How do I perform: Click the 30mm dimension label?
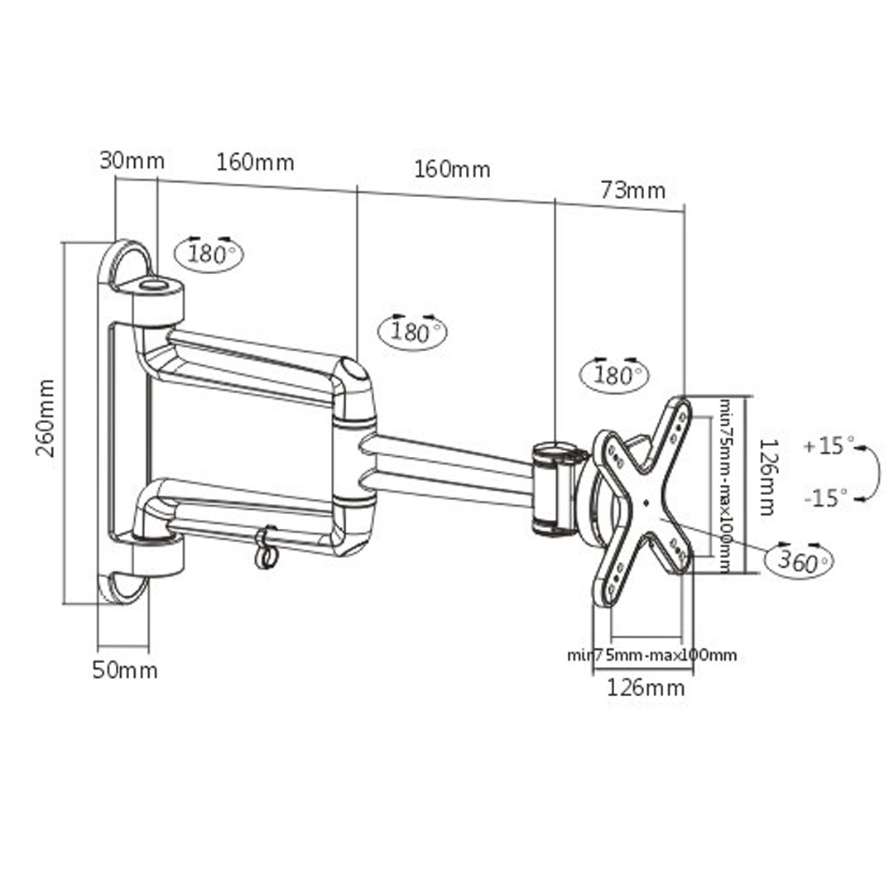[x=132, y=161]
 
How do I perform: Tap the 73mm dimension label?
[x=632, y=190]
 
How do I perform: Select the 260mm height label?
[x=45, y=418]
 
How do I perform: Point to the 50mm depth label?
[x=124, y=670]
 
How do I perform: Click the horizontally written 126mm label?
[x=646, y=687]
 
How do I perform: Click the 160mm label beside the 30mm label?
[x=255, y=162]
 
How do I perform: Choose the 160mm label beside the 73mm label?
[x=452, y=170]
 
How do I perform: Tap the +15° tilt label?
[x=827, y=446]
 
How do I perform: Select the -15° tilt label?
[x=825, y=497]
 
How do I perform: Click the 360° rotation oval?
[x=799, y=562]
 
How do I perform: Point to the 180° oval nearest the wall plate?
[x=209, y=253]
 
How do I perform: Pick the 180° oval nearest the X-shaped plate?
[x=614, y=375]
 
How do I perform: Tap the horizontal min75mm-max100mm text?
[x=651, y=656]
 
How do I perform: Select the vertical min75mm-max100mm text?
[x=723, y=486]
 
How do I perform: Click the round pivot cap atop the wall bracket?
[x=153, y=286]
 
